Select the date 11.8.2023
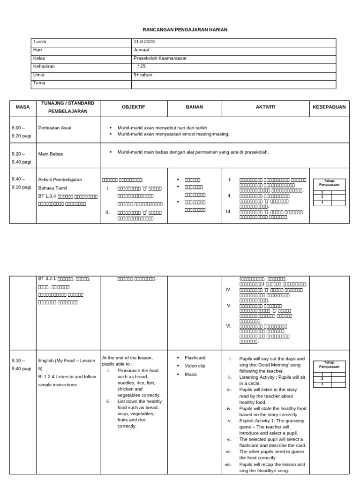(144, 42)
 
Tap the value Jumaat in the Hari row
(142, 50)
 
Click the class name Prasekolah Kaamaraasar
(157, 59)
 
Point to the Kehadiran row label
(44, 67)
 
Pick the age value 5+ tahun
(143, 75)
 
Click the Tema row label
(39, 83)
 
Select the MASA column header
(22, 107)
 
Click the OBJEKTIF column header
(134, 107)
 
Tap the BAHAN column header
(195, 107)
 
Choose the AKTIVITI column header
(265, 107)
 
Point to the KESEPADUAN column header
(329, 107)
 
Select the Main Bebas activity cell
(50, 154)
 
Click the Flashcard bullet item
(195, 358)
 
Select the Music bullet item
(191, 374)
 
